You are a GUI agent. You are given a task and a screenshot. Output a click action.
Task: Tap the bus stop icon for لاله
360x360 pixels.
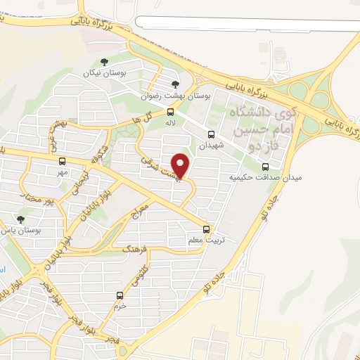tap(170, 112)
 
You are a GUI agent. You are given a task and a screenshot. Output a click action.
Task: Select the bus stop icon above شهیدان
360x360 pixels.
tap(211, 134)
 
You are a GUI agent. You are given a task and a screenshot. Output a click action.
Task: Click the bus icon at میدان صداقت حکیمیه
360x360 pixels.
tap(265, 167)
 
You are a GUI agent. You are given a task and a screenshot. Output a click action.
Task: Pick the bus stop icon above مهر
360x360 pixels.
tap(62, 161)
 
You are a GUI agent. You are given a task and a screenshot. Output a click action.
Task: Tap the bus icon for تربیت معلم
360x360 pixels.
tap(206, 229)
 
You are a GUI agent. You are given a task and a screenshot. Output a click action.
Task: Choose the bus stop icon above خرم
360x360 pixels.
tap(120, 295)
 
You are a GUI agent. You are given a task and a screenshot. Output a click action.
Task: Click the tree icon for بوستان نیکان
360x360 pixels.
tap(104, 63)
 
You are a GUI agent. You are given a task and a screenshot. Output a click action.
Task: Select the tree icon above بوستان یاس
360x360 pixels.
tap(20, 219)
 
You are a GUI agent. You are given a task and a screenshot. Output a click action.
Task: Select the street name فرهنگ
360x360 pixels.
tap(134, 250)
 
